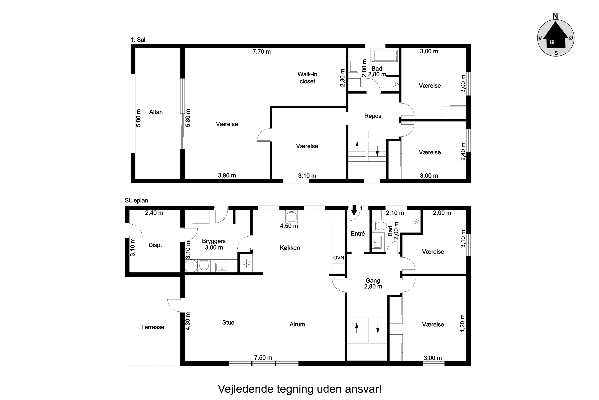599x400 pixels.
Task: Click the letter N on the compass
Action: (x=555, y=16)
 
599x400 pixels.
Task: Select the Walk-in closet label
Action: (x=307, y=78)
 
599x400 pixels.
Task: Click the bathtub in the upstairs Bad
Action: (x=385, y=56)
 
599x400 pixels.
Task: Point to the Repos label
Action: (x=373, y=116)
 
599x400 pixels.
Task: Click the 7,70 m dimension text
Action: (x=262, y=52)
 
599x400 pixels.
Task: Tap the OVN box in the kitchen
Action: (x=339, y=258)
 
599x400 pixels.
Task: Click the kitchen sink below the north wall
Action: (x=291, y=217)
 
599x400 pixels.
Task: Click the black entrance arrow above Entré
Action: (x=354, y=210)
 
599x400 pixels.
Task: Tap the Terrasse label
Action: (x=153, y=327)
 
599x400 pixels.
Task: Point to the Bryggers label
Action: (x=214, y=241)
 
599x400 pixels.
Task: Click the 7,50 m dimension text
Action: (x=263, y=358)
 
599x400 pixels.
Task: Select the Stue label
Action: (x=228, y=322)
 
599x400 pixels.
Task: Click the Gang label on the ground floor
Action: (x=373, y=281)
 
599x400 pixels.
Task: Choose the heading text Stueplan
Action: (x=136, y=201)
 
